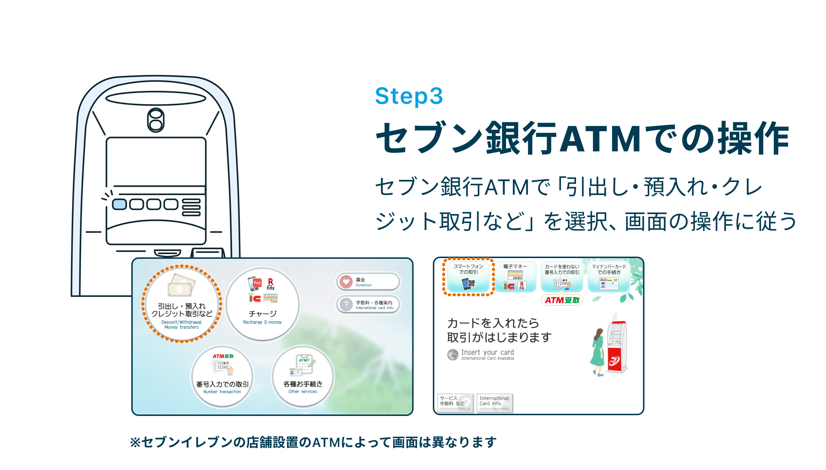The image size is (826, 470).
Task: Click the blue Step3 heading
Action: tap(409, 96)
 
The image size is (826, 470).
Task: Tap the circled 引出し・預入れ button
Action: tap(182, 304)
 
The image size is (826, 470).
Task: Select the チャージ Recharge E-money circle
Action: tap(263, 304)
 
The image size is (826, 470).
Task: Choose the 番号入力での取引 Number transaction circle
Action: tap(222, 377)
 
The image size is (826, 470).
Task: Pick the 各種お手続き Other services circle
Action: tap(303, 377)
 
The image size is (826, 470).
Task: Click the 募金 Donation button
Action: tap(368, 282)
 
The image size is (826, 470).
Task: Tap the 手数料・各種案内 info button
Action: tap(368, 305)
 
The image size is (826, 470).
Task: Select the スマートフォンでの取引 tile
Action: tap(468, 277)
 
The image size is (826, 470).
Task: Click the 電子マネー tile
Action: tap(515, 277)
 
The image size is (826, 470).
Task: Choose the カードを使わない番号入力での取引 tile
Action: tap(562, 277)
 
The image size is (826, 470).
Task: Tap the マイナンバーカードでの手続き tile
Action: tap(609, 277)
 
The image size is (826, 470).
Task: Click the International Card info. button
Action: tap(494, 402)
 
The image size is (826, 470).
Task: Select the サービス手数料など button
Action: tap(455, 402)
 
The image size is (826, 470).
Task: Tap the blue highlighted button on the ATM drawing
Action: tap(119, 204)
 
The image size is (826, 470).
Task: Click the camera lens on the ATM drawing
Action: tap(156, 120)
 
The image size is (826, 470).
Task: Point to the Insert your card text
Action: tap(487, 352)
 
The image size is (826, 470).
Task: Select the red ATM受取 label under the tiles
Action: tap(562, 300)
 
